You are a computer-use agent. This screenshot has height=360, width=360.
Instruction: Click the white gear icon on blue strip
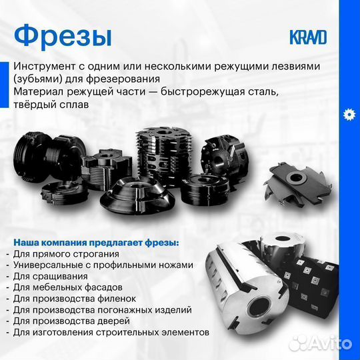[x=349, y=114]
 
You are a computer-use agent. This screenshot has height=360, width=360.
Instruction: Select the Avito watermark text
[x=327, y=344]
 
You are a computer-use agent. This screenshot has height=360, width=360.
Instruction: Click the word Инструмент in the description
[x=45, y=67]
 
